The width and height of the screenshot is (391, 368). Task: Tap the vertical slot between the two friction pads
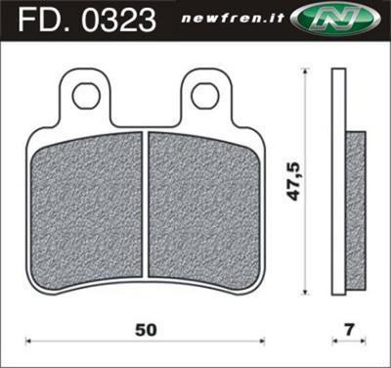(144, 206)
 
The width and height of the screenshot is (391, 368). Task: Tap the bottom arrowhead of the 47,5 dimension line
(308, 293)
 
